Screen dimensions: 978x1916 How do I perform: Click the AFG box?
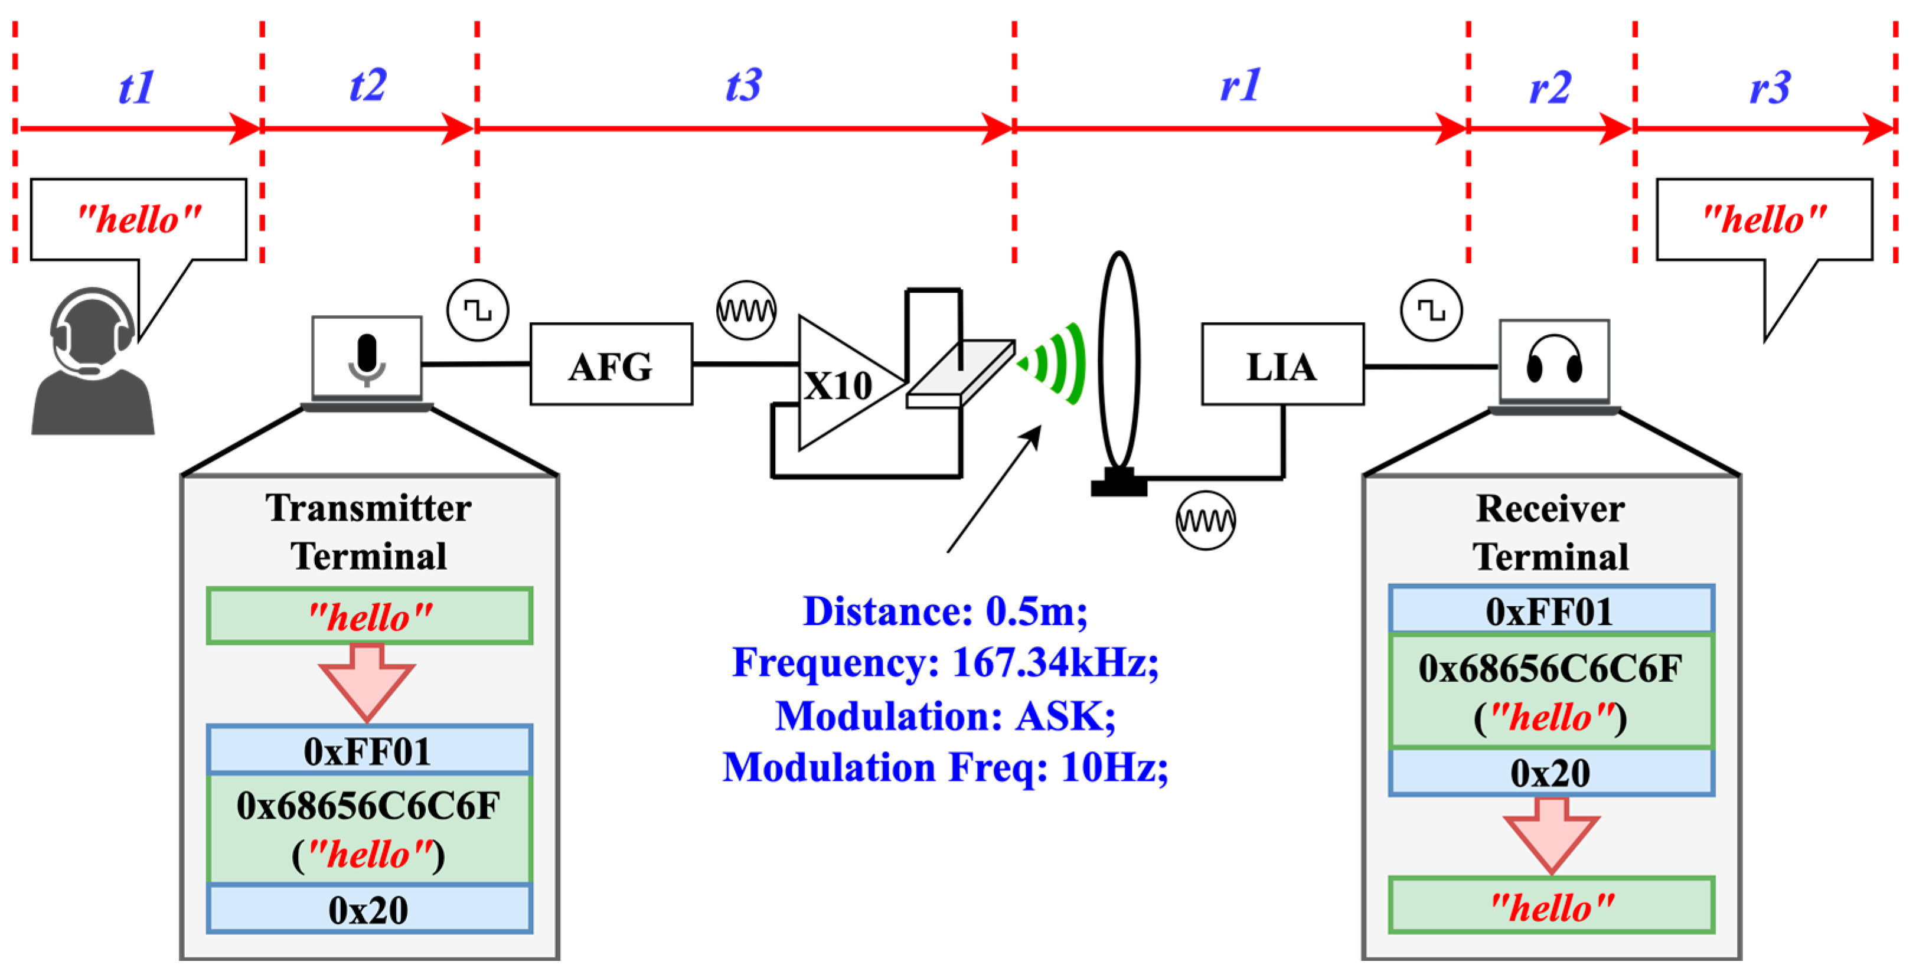coord(611,364)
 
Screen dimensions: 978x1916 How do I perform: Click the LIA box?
coord(1282,364)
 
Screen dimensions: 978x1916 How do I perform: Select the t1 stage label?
coord(137,87)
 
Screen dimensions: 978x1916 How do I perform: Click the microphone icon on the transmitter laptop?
coord(367,359)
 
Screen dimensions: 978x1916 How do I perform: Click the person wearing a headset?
coord(92,364)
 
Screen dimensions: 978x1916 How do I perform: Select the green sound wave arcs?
coord(1056,364)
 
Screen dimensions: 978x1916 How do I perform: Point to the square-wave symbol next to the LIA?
coord(1431,310)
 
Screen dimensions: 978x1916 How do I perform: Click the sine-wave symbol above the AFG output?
coord(746,310)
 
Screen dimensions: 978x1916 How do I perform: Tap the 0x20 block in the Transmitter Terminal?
coord(369,909)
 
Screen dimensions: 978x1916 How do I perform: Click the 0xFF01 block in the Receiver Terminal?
coord(1551,611)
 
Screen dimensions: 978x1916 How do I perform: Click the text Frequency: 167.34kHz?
coord(945,661)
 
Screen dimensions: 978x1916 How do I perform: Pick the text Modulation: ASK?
coord(945,715)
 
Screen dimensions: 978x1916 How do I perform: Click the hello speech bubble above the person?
coord(138,220)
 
